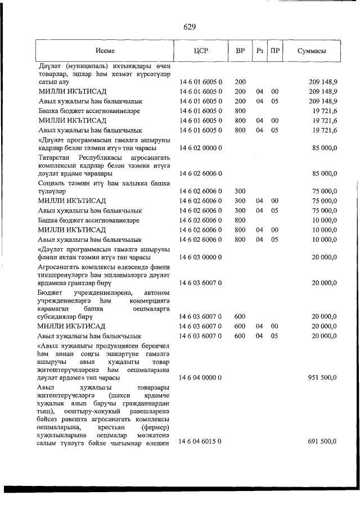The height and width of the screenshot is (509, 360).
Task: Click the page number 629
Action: pyautogui.click(x=189, y=26)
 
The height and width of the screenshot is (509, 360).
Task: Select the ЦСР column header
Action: pyautogui.click(x=201, y=51)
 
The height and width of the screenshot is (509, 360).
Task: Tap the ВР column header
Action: pyautogui.click(x=240, y=51)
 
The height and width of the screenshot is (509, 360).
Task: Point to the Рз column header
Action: pyautogui.click(x=259, y=51)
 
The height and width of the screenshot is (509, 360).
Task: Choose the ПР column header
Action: pyautogui.click(x=274, y=51)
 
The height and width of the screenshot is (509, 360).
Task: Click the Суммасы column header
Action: pyautogui.click(x=312, y=51)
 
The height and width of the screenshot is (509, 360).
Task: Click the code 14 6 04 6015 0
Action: pyautogui.click(x=201, y=442)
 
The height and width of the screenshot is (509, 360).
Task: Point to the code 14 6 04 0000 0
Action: pyautogui.click(x=201, y=378)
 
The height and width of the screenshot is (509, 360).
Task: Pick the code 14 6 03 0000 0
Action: pyautogui.click(x=201, y=257)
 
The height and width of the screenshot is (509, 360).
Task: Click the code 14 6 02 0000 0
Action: pyautogui.click(x=201, y=148)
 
